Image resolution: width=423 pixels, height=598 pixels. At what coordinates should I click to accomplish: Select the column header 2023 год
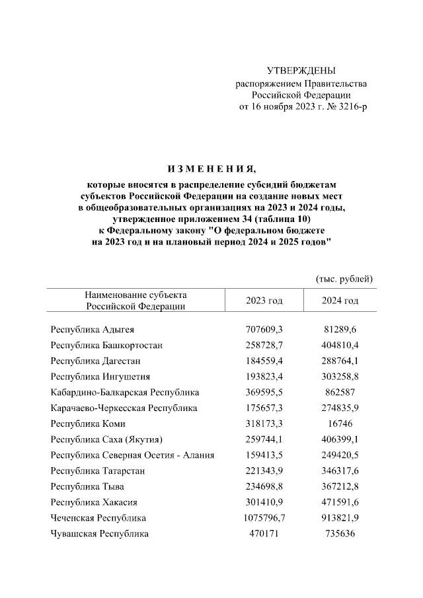(264, 301)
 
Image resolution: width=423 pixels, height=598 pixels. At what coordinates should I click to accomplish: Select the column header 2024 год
(340, 301)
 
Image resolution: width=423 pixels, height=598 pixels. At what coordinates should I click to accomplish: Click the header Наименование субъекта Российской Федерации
(135, 300)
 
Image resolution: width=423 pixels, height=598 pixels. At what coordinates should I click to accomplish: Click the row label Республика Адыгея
(93, 328)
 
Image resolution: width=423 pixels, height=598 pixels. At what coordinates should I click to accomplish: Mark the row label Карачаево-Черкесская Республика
(124, 408)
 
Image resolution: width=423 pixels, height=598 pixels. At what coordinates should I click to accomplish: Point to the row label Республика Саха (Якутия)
(106, 439)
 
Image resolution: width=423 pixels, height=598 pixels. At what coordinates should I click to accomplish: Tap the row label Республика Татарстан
(98, 470)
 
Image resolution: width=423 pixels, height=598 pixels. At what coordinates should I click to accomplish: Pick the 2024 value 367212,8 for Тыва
(340, 486)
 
